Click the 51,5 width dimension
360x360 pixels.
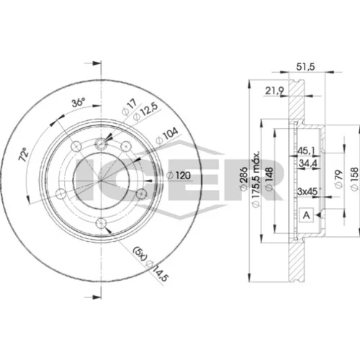[305, 66]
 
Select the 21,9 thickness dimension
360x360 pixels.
[274, 91]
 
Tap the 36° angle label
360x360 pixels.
[78, 102]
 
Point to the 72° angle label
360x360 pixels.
[24, 155]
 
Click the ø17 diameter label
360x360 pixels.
[130, 107]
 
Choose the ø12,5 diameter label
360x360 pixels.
[145, 112]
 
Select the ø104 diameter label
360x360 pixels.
[167, 135]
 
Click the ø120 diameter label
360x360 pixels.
[179, 176]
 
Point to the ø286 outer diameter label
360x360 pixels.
[244, 179]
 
